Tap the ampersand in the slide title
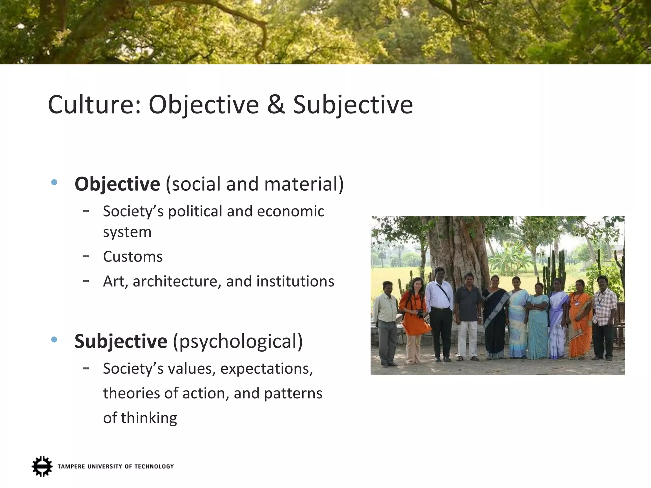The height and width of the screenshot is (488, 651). [x=276, y=105]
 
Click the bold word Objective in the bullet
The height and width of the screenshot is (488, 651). [x=117, y=184]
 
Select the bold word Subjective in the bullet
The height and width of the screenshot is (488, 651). [x=121, y=341]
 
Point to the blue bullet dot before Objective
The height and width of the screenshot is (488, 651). [x=54, y=182]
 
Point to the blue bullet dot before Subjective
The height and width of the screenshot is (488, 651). [x=54, y=340]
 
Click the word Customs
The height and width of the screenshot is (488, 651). [x=133, y=257]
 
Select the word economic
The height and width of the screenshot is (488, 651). [x=291, y=211]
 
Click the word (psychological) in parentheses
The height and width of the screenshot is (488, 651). [x=238, y=341]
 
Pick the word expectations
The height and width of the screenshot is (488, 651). [x=266, y=369]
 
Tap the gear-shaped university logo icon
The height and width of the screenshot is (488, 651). [x=42, y=466]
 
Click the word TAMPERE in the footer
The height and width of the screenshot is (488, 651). [x=71, y=466]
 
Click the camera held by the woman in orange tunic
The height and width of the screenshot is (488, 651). [x=420, y=314]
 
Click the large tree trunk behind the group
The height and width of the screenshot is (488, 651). [x=458, y=251]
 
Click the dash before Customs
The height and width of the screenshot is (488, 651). [x=86, y=256]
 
